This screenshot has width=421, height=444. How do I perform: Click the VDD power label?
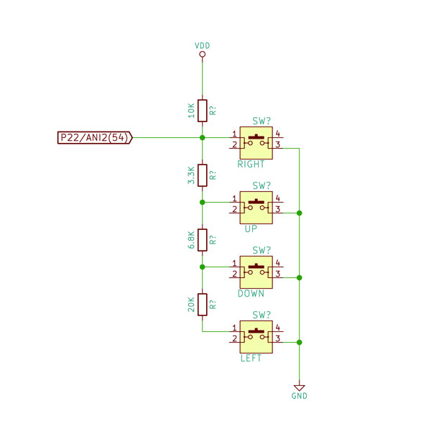click(202, 45)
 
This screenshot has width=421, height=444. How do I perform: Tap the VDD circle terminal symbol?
click(202, 54)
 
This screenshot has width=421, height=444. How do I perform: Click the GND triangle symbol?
click(300, 388)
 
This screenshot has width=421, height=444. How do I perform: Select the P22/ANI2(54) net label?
click(95, 138)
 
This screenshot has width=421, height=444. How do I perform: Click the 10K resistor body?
click(202, 111)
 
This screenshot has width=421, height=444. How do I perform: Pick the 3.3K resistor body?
click(202, 175)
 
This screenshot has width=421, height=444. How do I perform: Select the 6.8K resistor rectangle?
click(202, 240)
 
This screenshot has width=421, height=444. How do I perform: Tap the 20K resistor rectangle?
click(202, 305)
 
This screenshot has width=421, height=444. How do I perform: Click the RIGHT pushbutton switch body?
click(256, 143)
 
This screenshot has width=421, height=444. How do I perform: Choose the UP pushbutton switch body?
click(256, 208)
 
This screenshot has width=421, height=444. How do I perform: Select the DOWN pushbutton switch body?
click(256, 272)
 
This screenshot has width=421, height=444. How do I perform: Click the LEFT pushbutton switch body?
click(256, 337)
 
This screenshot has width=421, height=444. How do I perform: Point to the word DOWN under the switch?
click(251, 293)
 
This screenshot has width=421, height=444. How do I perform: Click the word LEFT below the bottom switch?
click(251, 359)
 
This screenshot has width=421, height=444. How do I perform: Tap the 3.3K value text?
click(191, 175)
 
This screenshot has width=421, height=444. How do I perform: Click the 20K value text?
click(191, 305)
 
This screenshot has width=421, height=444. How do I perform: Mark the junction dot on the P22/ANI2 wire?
click(202, 138)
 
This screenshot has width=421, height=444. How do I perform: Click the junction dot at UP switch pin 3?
click(300, 213)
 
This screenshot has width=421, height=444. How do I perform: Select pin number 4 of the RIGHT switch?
click(278, 134)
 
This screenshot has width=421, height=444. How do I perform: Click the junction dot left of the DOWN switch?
click(202, 267)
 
